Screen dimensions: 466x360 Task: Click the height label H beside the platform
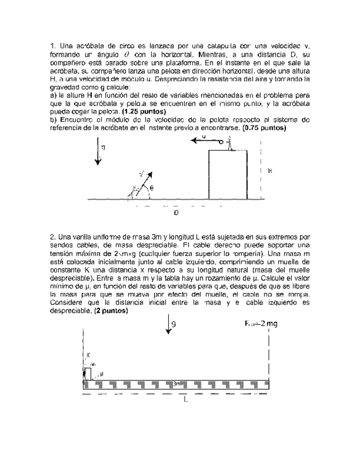click(x=270, y=171)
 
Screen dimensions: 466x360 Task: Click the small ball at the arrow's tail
click(x=221, y=142)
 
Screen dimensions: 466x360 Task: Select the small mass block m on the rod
click(x=86, y=373)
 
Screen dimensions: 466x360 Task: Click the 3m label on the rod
click(x=178, y=383)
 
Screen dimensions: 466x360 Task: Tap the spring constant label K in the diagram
click(x=88, y=354)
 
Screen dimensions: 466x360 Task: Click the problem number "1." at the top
click(x=53, y=45)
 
